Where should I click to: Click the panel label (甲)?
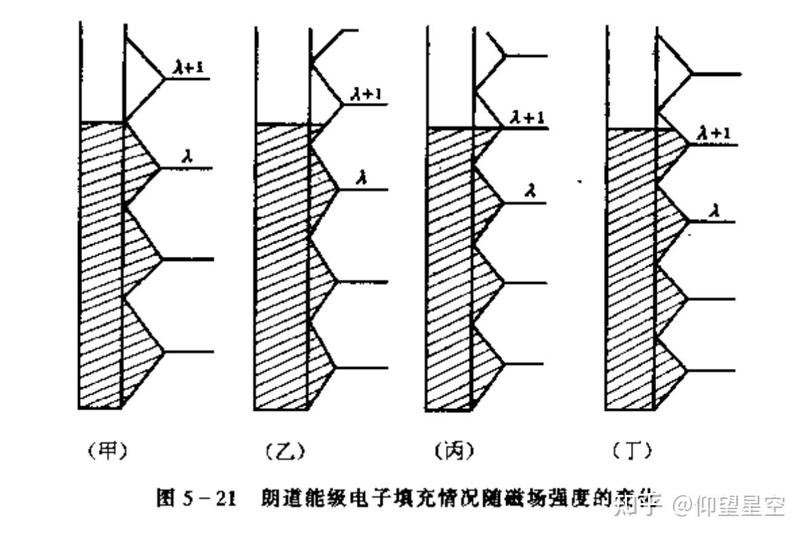pyautogui.click(x=108, y=451)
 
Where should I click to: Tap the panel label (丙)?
pyautogui.click(x=453, y=451)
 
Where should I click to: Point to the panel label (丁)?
pyautogui.click(x=632, y=451)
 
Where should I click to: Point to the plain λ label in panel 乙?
pyautogui.click(x=364, y=178)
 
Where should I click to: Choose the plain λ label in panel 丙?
pyautogui.click(x=532, y=191)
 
